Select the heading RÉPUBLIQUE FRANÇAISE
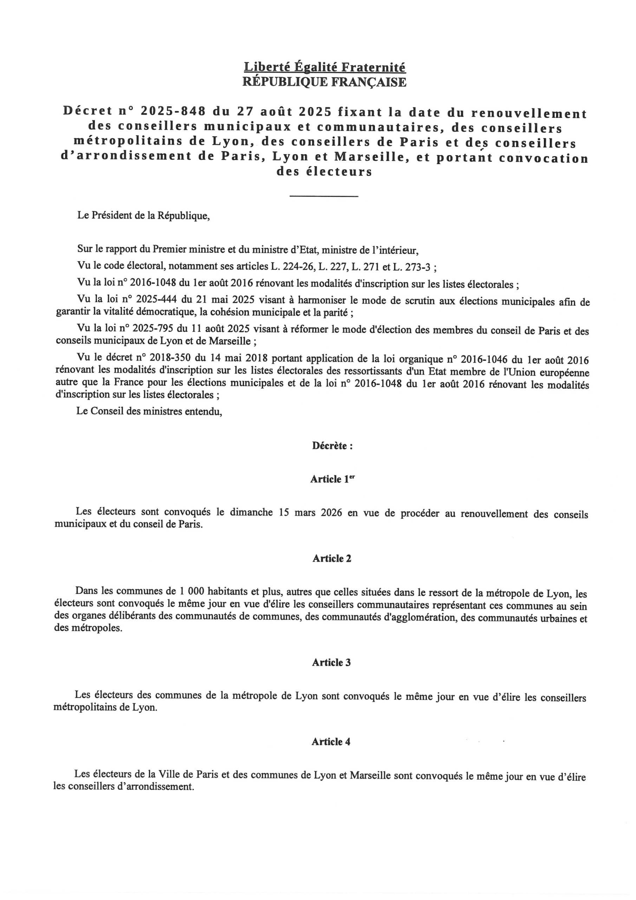click(x=324, y=82)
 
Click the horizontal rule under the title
click(x=324, y=196)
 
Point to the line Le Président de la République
click(x=143, y=216)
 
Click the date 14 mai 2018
click(x=243, y=358)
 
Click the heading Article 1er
click(x=332, y=479)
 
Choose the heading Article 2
click(x=332, y=559)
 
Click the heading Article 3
click(x=331, y=662)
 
